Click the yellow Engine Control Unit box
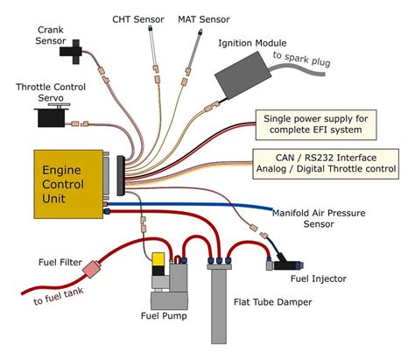pos(68,184)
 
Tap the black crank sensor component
pos(72,52)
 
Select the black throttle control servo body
pos(52,117)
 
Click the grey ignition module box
pos(243,74)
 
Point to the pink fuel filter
pos(92,269)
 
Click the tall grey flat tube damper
pos(219,304)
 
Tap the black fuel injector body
pos(287,264)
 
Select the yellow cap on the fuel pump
pos(158,259)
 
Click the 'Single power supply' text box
pos(316,124)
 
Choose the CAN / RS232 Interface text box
pos(326,164)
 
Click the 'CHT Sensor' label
pos(138,19)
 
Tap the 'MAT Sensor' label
pos(204,19)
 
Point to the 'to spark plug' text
pos(301,59)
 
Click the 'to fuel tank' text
pos(59,296)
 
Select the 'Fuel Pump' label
pos(164,315)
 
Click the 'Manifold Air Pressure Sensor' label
pos(319,218)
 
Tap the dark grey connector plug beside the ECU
pos(121,175)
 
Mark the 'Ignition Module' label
pos(252,43)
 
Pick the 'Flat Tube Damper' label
pos(272,302)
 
